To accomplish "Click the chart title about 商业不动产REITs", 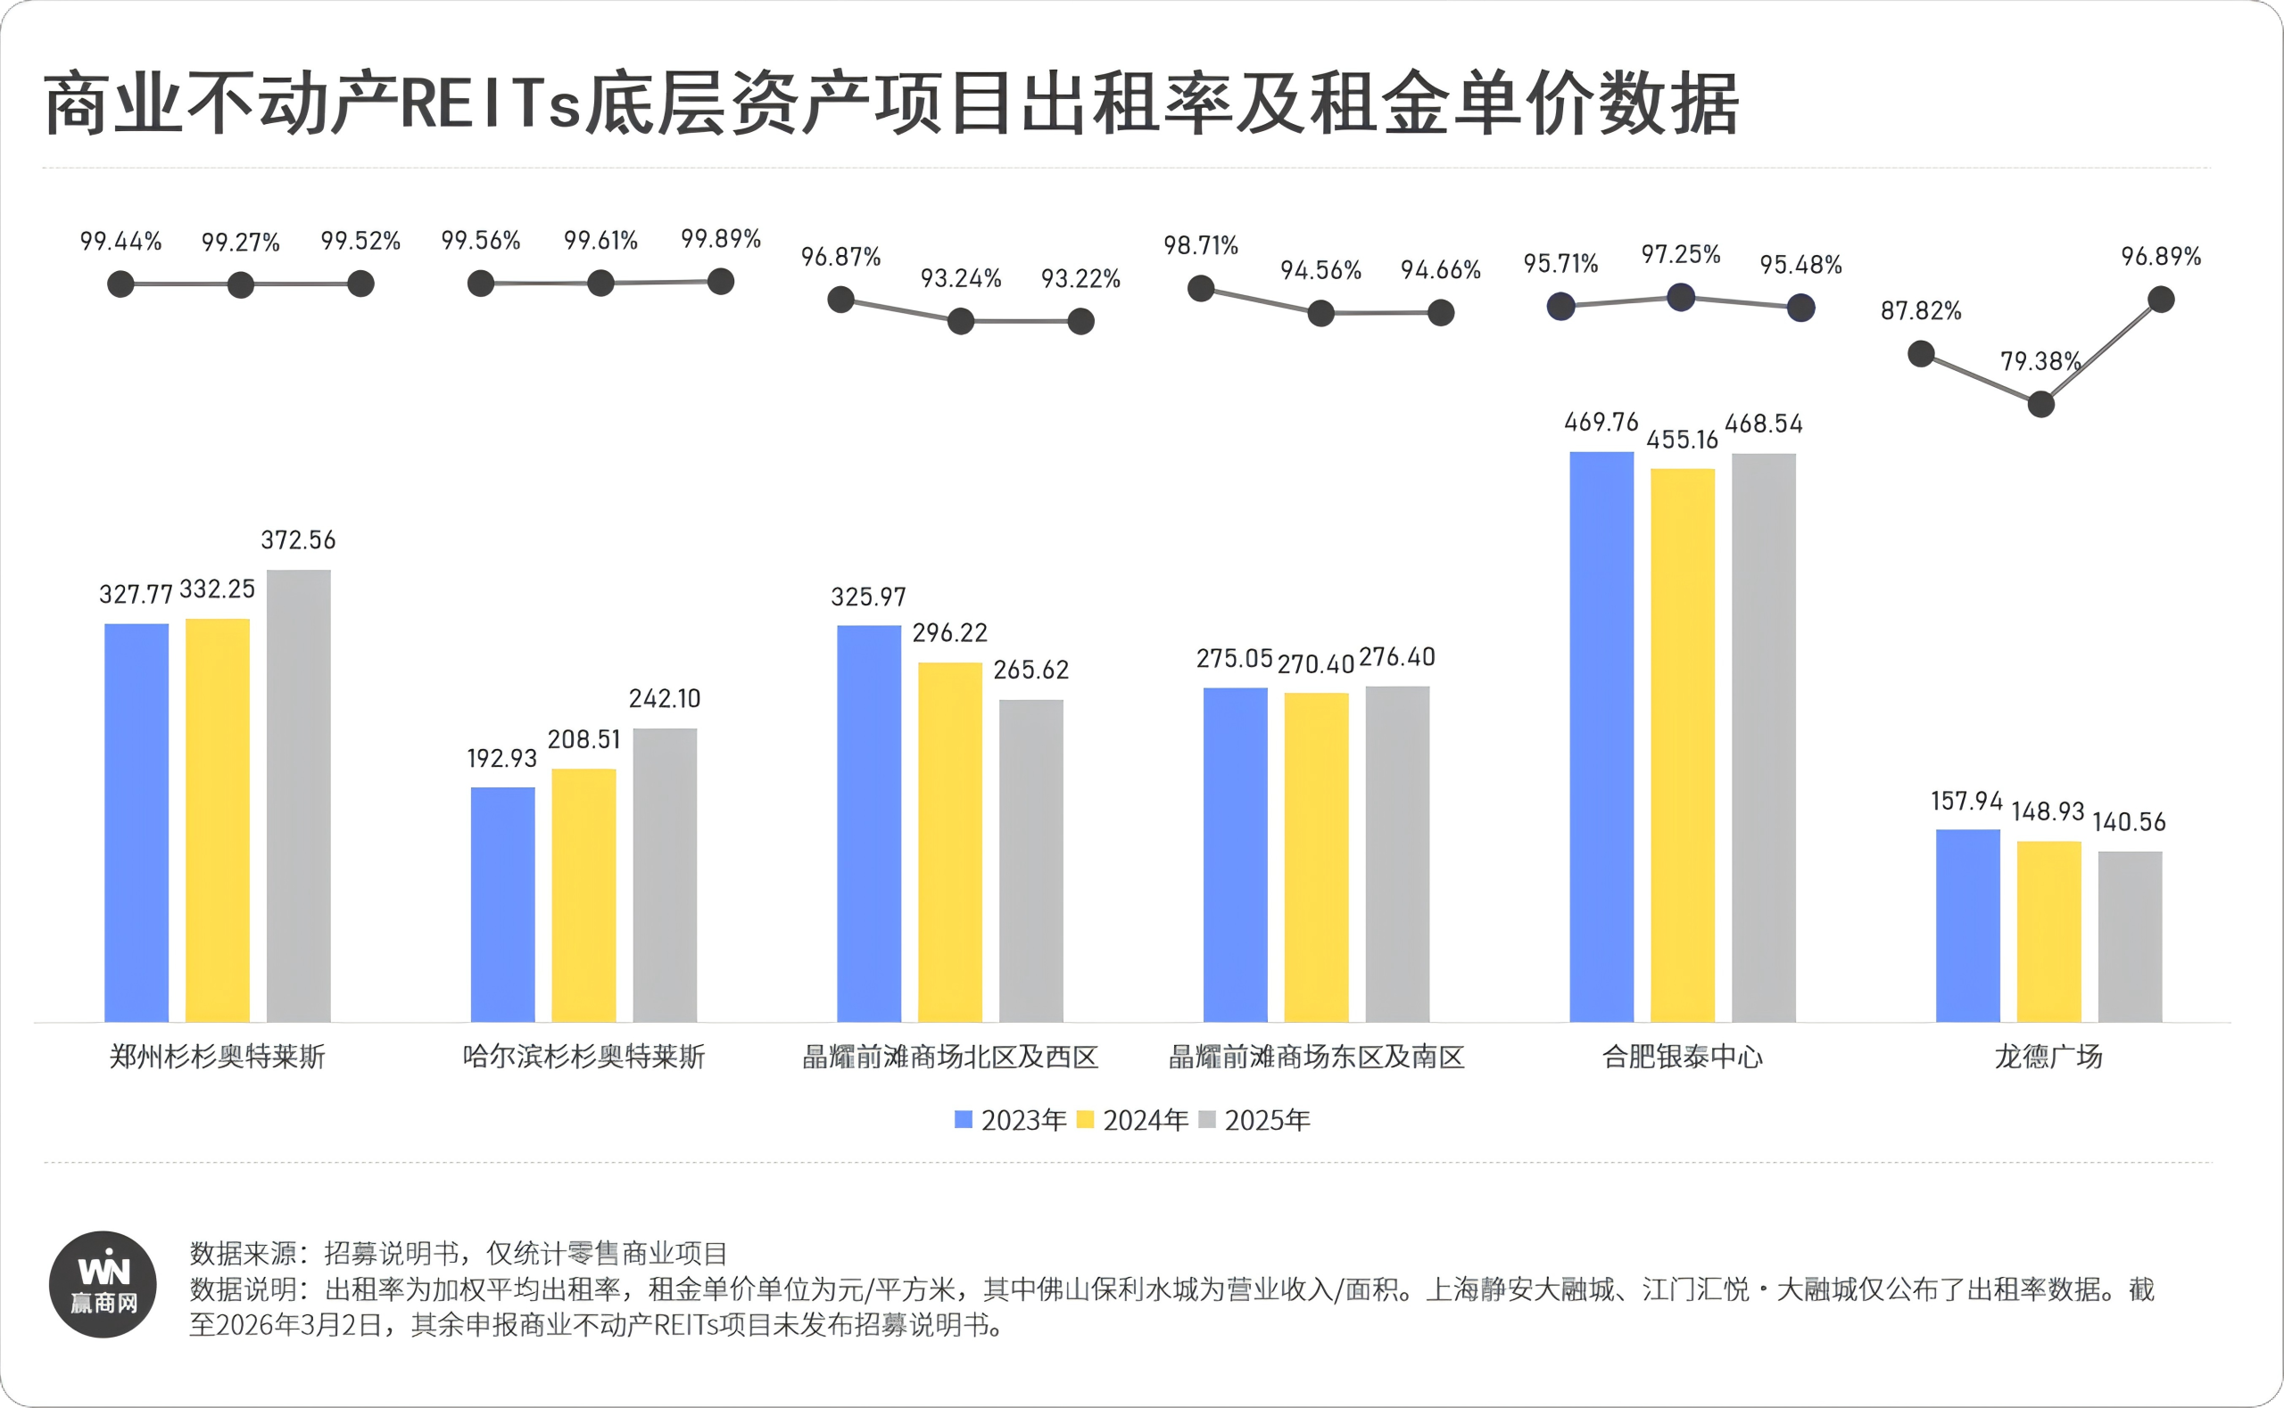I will coord(890,104).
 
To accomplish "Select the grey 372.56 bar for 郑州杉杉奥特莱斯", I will coord(298,796).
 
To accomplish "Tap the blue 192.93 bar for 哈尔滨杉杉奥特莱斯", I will coord(502,904).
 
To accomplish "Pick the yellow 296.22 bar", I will coord(949,842).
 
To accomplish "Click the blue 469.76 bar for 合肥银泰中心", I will coord(1601,737).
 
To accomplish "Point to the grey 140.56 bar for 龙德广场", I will coord(2130,936).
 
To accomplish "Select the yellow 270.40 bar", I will coord(1315,857).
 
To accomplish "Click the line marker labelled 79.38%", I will coord(2040,404).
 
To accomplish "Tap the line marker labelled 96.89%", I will coord(2160,300).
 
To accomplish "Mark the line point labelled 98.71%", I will coord(1201,289).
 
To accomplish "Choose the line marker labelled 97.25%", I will coord(1680,298).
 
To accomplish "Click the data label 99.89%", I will coord(720,239).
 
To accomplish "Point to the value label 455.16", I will coord(1682,440).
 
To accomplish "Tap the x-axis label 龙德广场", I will coord(2048,1057).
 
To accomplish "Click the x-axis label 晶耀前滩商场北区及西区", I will coord(950,1057).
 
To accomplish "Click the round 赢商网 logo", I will coord(103,1285).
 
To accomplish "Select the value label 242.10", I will coord(664,698).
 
